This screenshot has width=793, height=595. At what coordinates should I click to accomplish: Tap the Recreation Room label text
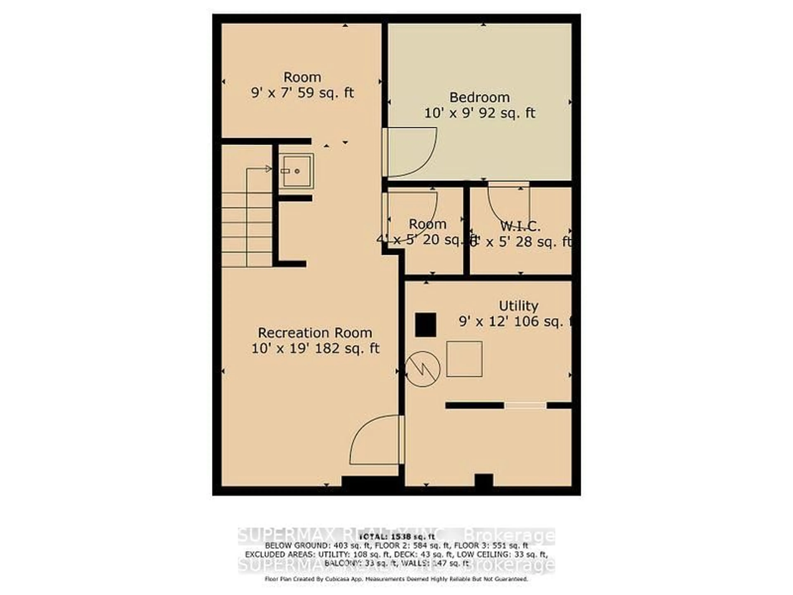click(x=315, y=333)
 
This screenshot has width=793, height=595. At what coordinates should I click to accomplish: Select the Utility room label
click(x=518, y=306)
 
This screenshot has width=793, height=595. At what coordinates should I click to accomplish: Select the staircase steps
click(x=247, y=230)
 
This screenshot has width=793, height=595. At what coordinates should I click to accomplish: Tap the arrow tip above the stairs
click(x=269, y=169)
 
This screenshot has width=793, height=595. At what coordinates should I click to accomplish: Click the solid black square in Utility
click(x=426, y=325)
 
